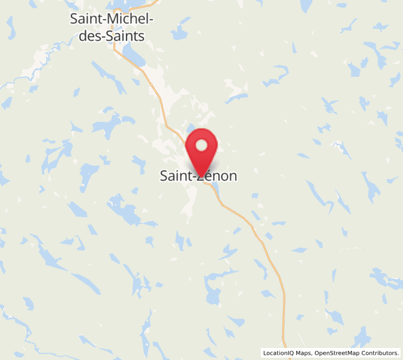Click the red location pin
pos(202,150)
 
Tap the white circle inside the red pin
pos(202,145)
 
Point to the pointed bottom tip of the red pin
pos(202,178)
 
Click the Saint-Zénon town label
pos(199,176)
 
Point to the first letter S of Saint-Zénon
pos(164,176)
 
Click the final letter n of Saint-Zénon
pos(233,176)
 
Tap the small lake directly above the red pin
pos(191,128)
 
